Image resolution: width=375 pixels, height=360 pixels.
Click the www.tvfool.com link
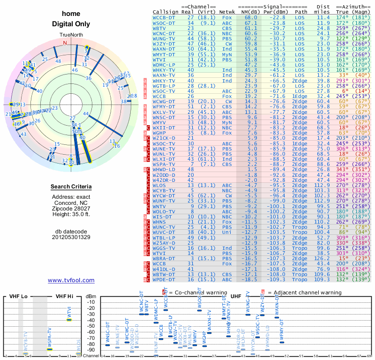(71, 280)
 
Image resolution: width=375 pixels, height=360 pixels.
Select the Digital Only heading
(71, 24)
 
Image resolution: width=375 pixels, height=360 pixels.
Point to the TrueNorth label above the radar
(71, 35)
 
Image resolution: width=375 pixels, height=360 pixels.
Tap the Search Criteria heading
(71, 187)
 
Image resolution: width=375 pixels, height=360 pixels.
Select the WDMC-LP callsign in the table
(164, 64)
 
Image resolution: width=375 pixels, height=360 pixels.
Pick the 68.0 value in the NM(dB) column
(250, 17)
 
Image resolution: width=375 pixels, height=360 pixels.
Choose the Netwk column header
(227, 12)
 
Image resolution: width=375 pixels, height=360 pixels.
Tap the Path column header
(301, 12)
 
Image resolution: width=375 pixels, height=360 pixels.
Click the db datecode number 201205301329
(71, 237)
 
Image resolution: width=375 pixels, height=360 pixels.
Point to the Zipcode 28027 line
(71, 208)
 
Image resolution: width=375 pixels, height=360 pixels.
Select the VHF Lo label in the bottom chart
(18, 296)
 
